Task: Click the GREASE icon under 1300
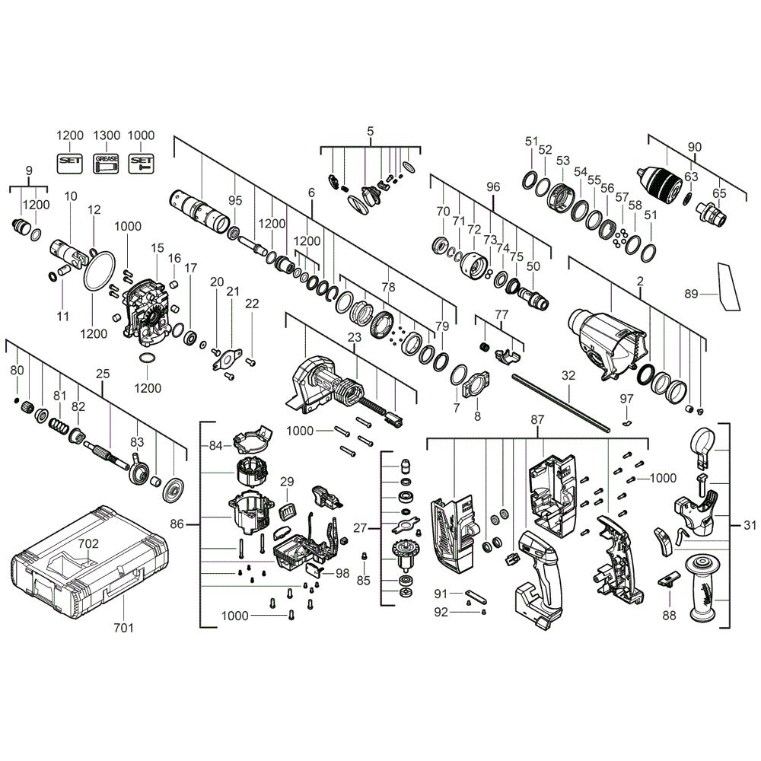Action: [x=106, y=163]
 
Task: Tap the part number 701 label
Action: [x=123, y=628]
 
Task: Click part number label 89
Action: [x=691, y=294]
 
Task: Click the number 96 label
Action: [x=492, y=187]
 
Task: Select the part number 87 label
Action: [x=537, y=419]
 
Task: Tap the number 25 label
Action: [x=103, y=374]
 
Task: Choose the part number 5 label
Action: [x=371, y=131]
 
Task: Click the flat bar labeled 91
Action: [x=476, y=596]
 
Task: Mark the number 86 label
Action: [x=177, y=524]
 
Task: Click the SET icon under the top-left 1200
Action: [x=70, y=163]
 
